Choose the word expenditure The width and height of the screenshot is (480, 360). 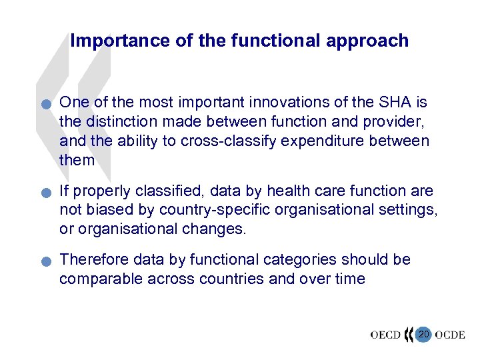339,141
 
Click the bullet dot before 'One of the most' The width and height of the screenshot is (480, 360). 44,104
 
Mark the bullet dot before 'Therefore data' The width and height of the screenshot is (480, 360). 44,261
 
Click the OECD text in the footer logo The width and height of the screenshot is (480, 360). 385,334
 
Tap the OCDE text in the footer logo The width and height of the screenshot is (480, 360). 450,334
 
